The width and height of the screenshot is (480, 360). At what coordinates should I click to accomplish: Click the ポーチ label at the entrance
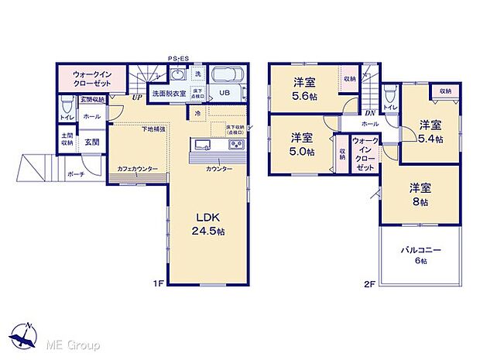coord(75,173)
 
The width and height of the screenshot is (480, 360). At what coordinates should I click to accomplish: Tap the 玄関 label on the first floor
coord(91,142)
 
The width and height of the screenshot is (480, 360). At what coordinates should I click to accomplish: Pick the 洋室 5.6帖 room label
coord(303,91)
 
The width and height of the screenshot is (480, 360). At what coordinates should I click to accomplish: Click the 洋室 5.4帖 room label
coord(430,132)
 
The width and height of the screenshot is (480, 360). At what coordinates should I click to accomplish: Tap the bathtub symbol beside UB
coord(228,76)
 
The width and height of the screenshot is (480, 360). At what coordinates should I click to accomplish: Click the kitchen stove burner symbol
coord(235,146)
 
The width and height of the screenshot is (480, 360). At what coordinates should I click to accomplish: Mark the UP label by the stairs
coord(136,98)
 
